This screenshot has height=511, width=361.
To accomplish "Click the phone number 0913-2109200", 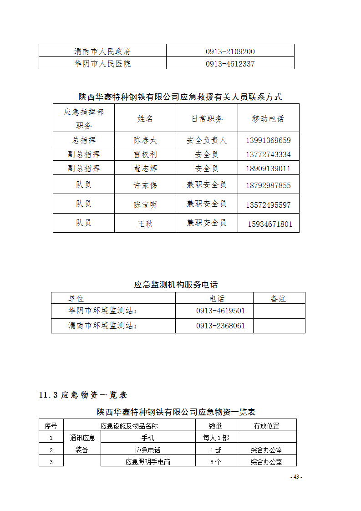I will pos(230,51).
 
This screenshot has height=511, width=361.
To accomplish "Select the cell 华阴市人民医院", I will pos(102,64).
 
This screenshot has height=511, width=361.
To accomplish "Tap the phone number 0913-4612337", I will pos(230,64).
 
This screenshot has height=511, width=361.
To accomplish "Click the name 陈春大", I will pos(145,140).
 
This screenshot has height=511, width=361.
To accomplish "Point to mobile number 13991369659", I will pos(268,140).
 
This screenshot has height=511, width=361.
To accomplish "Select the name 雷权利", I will pos(145,154).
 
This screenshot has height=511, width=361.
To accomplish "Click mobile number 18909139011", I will pos(268,169).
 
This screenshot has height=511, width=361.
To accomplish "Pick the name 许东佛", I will pos(145,185).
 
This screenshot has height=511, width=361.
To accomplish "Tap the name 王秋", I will pos(145,224).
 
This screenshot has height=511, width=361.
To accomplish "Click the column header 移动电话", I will pos(268,119).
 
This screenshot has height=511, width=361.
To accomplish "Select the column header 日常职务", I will pos(207,119).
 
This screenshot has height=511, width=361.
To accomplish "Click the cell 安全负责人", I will pos(207,140).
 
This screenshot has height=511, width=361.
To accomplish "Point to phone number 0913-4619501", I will pos(220,311).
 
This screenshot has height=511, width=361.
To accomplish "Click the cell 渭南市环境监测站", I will pos(102,326).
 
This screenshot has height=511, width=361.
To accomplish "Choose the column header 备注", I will pos(278,299).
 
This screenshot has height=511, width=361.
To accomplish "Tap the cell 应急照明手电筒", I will pos(147,462).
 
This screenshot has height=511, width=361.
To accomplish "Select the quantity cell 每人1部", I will pos(216,438).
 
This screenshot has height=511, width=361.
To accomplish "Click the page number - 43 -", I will pos(296,477).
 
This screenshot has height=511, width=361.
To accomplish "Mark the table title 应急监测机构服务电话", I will pos(176,285).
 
